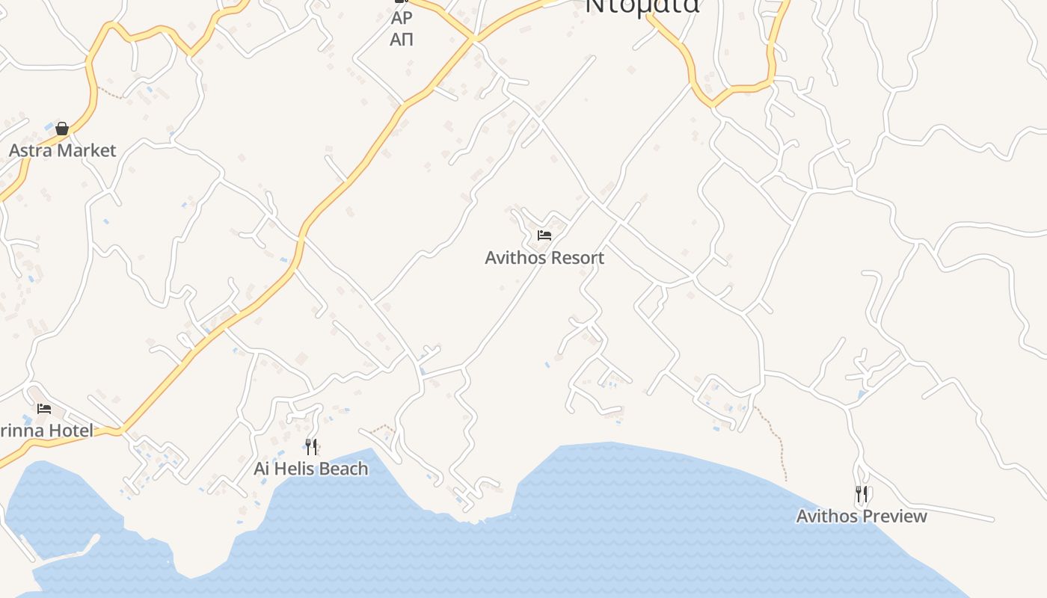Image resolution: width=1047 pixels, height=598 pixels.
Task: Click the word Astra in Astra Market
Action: click(31, 150)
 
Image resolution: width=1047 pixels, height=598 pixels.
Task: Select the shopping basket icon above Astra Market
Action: click(62, 129)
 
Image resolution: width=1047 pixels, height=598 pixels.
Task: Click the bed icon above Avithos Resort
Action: click(544, 235)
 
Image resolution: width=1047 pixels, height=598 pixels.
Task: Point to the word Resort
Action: click(575, 258)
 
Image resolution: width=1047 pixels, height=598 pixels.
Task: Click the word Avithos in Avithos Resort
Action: click(515, 258)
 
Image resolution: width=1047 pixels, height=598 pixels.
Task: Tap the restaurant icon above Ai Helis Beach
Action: click(311, 447)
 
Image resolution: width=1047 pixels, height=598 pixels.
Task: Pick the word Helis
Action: click(292, 469)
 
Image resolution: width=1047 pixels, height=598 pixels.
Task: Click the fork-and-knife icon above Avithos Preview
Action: click(862, 494)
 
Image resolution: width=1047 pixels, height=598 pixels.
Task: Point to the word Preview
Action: click(896, 516)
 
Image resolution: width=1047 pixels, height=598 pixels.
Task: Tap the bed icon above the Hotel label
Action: click(44, 409)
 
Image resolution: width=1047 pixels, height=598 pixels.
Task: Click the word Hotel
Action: click(72, 431)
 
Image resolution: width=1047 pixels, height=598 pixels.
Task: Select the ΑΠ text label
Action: click(402, 39)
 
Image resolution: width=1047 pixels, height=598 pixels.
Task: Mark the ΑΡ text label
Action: click(402, 18)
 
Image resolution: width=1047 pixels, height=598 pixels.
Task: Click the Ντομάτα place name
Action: click(642, 6)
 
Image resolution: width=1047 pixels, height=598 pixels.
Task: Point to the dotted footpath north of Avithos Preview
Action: click(778, 441)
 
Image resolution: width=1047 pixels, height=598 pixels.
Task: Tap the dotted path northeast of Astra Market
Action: click(111, 93)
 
